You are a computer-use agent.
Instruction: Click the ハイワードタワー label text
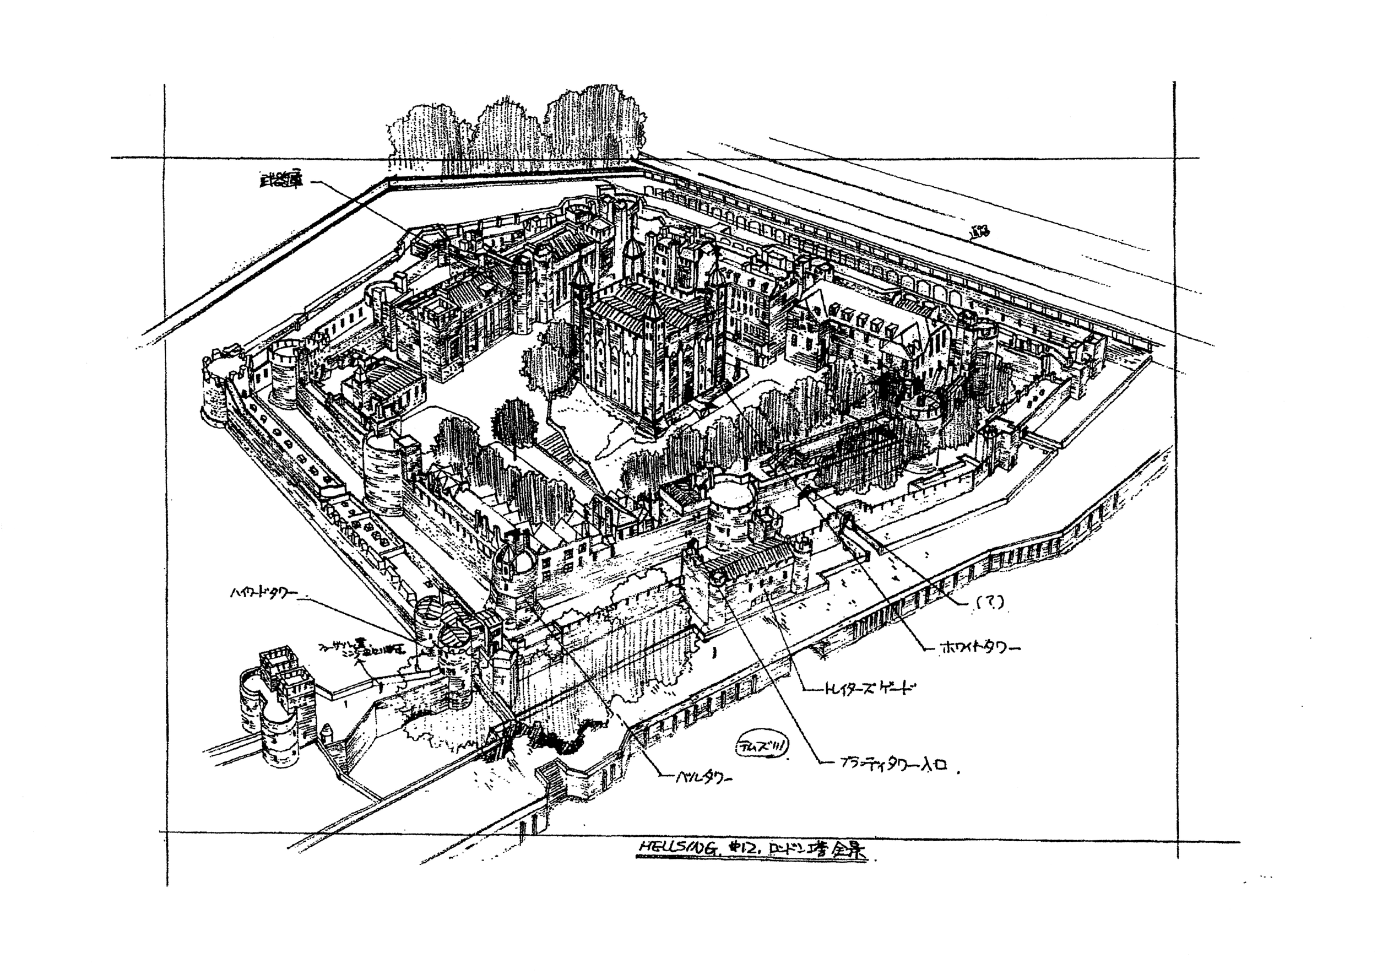tap(263, 593)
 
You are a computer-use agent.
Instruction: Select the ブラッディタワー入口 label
tap(893, 765)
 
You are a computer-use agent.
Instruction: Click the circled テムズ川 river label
tap(762, 746)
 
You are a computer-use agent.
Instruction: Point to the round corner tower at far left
tap(218, 390)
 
